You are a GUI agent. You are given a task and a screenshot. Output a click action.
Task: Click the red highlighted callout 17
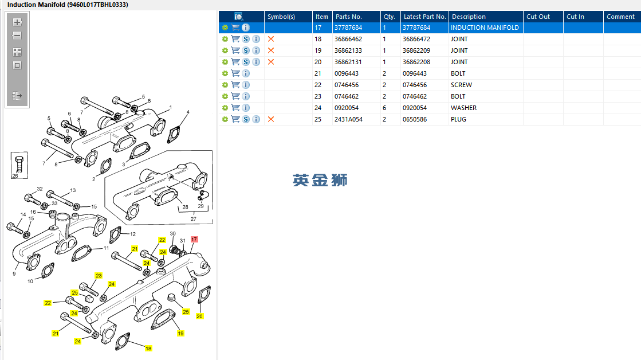coord(194,239)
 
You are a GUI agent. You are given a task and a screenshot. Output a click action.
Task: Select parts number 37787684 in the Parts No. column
coord(348,28)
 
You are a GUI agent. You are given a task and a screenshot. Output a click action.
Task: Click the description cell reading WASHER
coord(463,108)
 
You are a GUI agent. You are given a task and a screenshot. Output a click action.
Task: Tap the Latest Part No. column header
coord(424,17)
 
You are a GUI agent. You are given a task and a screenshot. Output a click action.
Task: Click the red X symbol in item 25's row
coord(270,119)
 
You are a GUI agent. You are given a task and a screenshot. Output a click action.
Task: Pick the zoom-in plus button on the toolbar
coord(17,22)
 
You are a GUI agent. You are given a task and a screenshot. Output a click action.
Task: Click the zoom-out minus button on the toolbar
coord(17,36)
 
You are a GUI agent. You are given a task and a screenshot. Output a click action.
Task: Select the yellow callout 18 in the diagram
coord(148,349)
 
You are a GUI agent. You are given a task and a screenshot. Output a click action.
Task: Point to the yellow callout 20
coord(199,316)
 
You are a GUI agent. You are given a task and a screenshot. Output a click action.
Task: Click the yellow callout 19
coord(180,334)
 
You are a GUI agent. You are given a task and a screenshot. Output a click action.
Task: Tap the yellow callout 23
coord(99,276)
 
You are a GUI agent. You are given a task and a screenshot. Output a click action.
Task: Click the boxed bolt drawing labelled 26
coord(19,165)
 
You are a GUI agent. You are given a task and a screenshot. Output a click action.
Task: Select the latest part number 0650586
coord(415,119)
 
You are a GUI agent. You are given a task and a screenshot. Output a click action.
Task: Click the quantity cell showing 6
coord(384,108)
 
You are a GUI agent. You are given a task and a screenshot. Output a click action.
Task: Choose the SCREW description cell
coord(462,85)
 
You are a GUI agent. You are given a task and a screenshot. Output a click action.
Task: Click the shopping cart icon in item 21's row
coord(235,73)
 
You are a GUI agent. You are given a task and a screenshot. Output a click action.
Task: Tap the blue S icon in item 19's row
coord(246,50)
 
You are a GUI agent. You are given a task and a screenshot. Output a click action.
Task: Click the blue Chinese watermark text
coord(320,180)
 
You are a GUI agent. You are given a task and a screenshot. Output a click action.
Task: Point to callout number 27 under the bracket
coord(194,219)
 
